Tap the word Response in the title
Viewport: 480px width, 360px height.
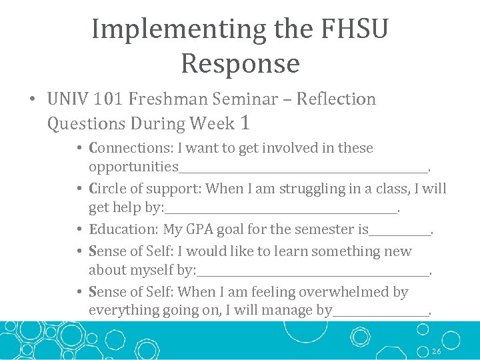240,64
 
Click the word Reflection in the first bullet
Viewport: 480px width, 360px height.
336,99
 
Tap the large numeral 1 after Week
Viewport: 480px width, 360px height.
245,123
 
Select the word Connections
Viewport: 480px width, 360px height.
131,148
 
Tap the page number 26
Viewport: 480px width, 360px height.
437,351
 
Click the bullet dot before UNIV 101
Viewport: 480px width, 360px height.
32,100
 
